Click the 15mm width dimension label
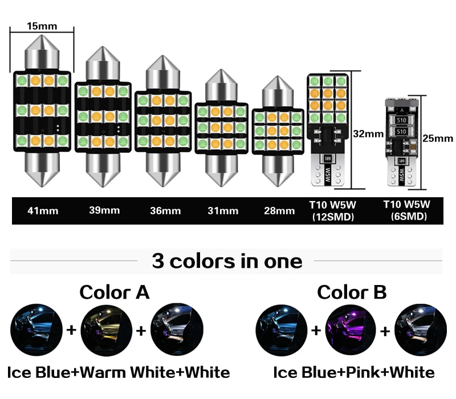(42, 26)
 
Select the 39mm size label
(104, 210)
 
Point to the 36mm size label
(165, 210)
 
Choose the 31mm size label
(222, 210)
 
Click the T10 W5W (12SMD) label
(331, 210)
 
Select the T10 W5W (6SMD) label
(406, 210)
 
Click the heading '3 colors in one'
(227, 260)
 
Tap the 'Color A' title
(114, 292)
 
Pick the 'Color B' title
(352, 292)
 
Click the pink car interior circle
(346, 329)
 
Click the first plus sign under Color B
(315, 329)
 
